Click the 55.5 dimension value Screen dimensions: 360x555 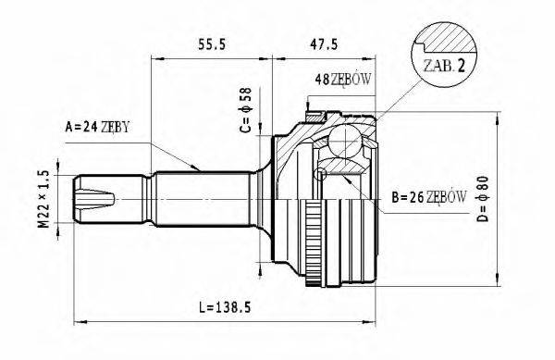click(212, 43)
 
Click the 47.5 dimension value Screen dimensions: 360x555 click(325, 43)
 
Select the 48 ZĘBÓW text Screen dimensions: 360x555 click(343, 79)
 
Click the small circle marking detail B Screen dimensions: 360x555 click(321, 174)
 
